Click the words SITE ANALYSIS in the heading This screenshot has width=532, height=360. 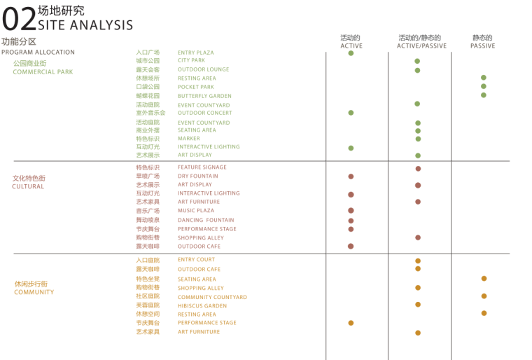(x=85, y=25)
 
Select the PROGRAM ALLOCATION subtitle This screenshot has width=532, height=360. (x=38, y=53)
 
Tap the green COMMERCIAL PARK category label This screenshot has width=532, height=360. (x=43, y=72)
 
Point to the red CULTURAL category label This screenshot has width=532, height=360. (x=28, y=187)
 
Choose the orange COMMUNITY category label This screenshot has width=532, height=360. (x=34, y=292)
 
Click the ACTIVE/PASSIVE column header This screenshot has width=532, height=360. (x=421, y=46)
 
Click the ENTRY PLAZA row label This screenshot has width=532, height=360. (x=196, y=53)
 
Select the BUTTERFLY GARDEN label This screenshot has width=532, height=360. (x=204, y=96)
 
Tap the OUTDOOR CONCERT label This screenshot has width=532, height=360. (x=204, y=113)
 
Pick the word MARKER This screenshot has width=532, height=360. (x=189, y=139)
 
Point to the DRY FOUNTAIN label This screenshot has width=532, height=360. (x=197, y=176)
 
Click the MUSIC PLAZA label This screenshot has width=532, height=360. (x=196, y=211)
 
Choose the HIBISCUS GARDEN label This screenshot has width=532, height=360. (x=202, y=306)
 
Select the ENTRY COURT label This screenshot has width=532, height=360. (x=196, y=260)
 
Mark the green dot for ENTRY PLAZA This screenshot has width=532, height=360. (x=351, y=53)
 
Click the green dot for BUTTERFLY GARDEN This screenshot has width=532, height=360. (x=483, y=95)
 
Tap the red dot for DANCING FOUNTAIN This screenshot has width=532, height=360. (x=351, y=221)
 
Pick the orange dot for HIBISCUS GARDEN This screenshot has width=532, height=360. (x=418, y=305)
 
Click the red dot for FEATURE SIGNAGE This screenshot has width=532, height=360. (x=418, y=169)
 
